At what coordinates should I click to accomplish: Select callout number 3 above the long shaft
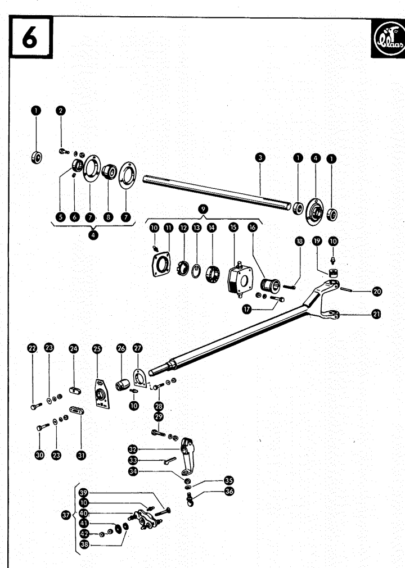pyautogui.click(x=259, y=159)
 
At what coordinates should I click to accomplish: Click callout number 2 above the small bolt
pyautogui.click(x=60, y=111)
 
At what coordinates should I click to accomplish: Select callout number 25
pyautogui.click(x=98, y=349)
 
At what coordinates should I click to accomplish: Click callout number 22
pyautogui.click(x=33, y=349)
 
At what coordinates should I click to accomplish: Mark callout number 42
pyautogui.click(x=84, y=534)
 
